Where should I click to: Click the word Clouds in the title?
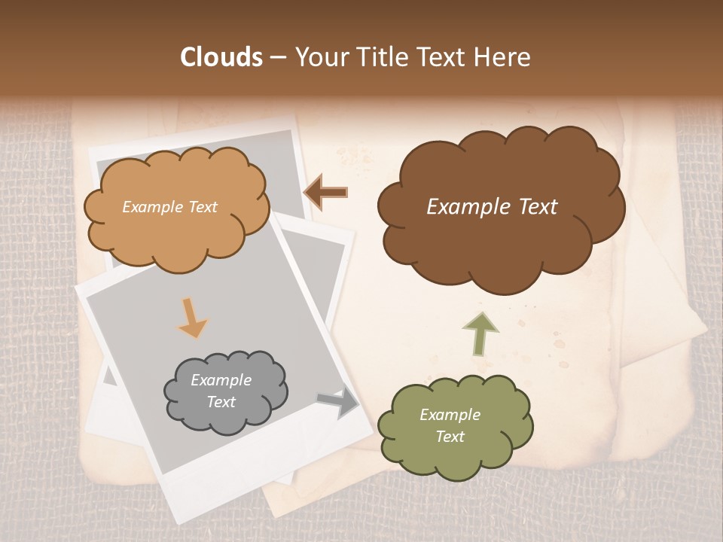(x=221, y=57)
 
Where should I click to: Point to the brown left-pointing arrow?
(x=325, y=192)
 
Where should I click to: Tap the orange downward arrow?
(x=193, y=318)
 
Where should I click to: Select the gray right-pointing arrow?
(x=338, y=403)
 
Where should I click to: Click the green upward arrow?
(x=480, y=333)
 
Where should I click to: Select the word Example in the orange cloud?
(x=151, y=207)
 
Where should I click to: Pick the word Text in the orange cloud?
(x=202, y=207)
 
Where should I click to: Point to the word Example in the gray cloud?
(x=221, y=380)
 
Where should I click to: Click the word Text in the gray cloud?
(x=221, y=402)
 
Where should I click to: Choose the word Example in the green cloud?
(x=450, y=415)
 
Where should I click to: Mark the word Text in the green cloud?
(x=450, y=437)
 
